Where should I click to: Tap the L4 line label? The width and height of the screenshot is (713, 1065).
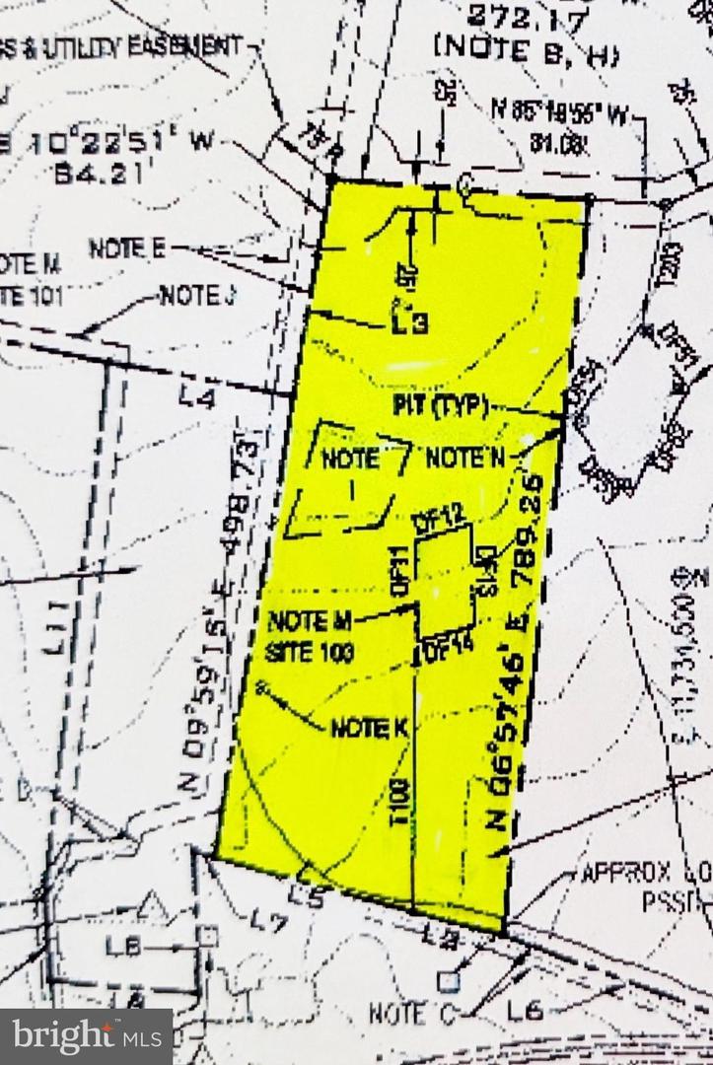198,396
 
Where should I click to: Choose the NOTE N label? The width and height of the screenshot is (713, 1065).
464,458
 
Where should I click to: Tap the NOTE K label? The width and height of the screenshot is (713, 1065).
369,728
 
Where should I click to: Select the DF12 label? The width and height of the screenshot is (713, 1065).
438,522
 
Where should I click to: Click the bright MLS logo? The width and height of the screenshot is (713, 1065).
87,1036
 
